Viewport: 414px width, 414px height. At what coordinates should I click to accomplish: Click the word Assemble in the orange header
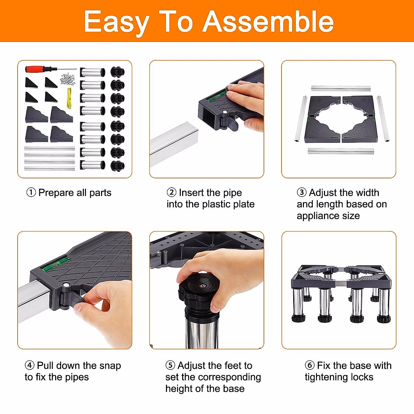tap(268, 21)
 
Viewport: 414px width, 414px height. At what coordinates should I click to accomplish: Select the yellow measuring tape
tap(69, 98)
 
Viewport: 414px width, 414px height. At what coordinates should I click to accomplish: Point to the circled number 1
tap(31, 193)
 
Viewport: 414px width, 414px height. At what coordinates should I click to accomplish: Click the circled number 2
tap(171, 193)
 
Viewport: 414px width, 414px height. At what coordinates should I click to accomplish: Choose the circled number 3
tap(302, 193)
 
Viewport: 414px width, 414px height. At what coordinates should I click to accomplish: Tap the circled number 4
tap(29, 365)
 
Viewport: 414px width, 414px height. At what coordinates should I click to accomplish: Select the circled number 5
tap(170, 365)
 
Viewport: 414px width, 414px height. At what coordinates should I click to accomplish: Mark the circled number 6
tap(309, 365)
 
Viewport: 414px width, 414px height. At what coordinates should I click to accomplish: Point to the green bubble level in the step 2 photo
tap(217, 96)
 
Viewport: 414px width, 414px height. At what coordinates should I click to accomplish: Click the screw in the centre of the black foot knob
tap(202, 286)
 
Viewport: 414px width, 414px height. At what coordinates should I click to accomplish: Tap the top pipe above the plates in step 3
tap(341, 88)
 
